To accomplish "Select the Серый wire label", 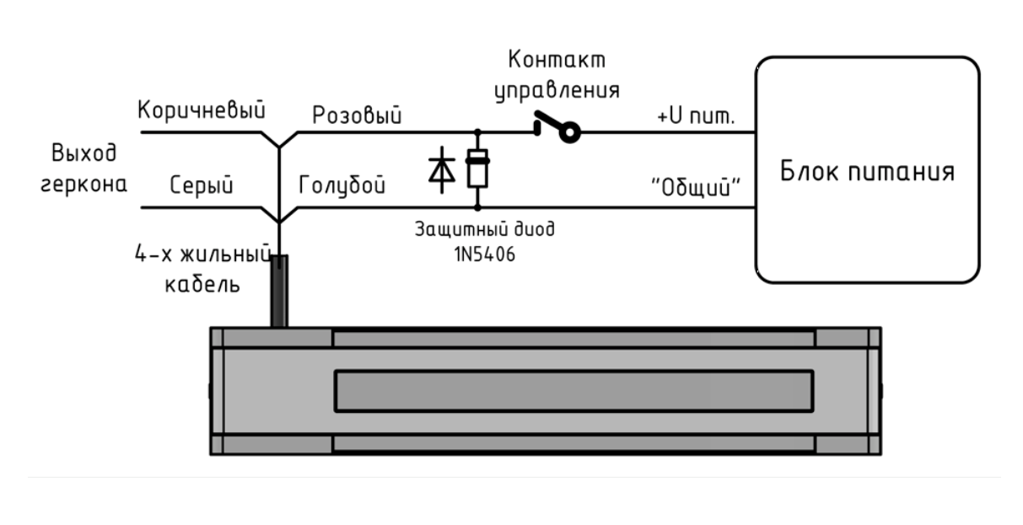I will tap(202, 185).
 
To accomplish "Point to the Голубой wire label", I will tap(342, 185).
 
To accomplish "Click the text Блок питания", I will tap(867, 174).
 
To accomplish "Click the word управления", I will tap(557, 90).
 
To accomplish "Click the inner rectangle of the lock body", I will tap(573, 389).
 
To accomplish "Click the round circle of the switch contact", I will tap(571, 133).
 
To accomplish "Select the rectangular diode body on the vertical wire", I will tap(478, 169).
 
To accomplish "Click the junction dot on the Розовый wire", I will tap(478, 131).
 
